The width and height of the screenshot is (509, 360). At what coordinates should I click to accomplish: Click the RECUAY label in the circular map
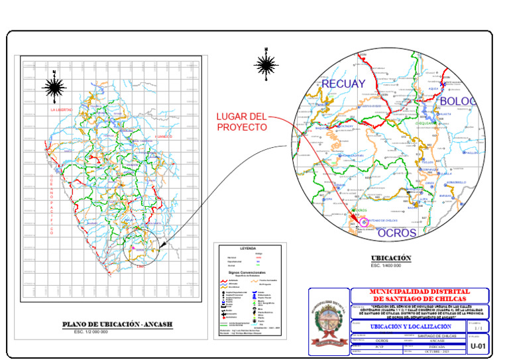pos(343,84)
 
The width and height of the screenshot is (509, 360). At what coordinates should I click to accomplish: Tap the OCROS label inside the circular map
pos(397,233)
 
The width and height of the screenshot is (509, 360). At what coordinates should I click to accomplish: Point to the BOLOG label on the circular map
pos(458,101)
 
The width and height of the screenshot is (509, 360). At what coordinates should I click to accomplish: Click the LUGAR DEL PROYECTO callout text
pos(241,122)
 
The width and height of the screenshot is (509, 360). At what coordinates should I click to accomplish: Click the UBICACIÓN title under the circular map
pos(391,258)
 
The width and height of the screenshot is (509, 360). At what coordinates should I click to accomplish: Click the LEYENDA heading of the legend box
pos(247,248)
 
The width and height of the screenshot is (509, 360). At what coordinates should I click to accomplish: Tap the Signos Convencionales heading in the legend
pos(247,272)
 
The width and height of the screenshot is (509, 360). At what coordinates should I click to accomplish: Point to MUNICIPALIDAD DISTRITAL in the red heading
pos(420,292)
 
